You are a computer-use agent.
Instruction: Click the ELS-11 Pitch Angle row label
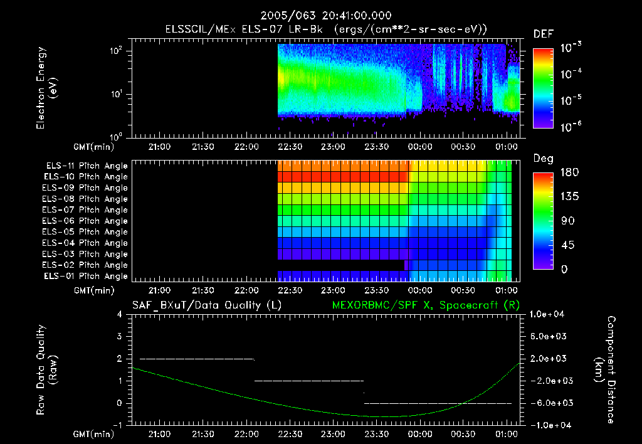coord(87,166)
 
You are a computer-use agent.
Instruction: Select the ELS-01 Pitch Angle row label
coord(87,276)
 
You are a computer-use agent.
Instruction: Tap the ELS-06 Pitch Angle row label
coord(87,221)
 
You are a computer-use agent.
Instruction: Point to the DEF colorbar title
coord(543,34)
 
